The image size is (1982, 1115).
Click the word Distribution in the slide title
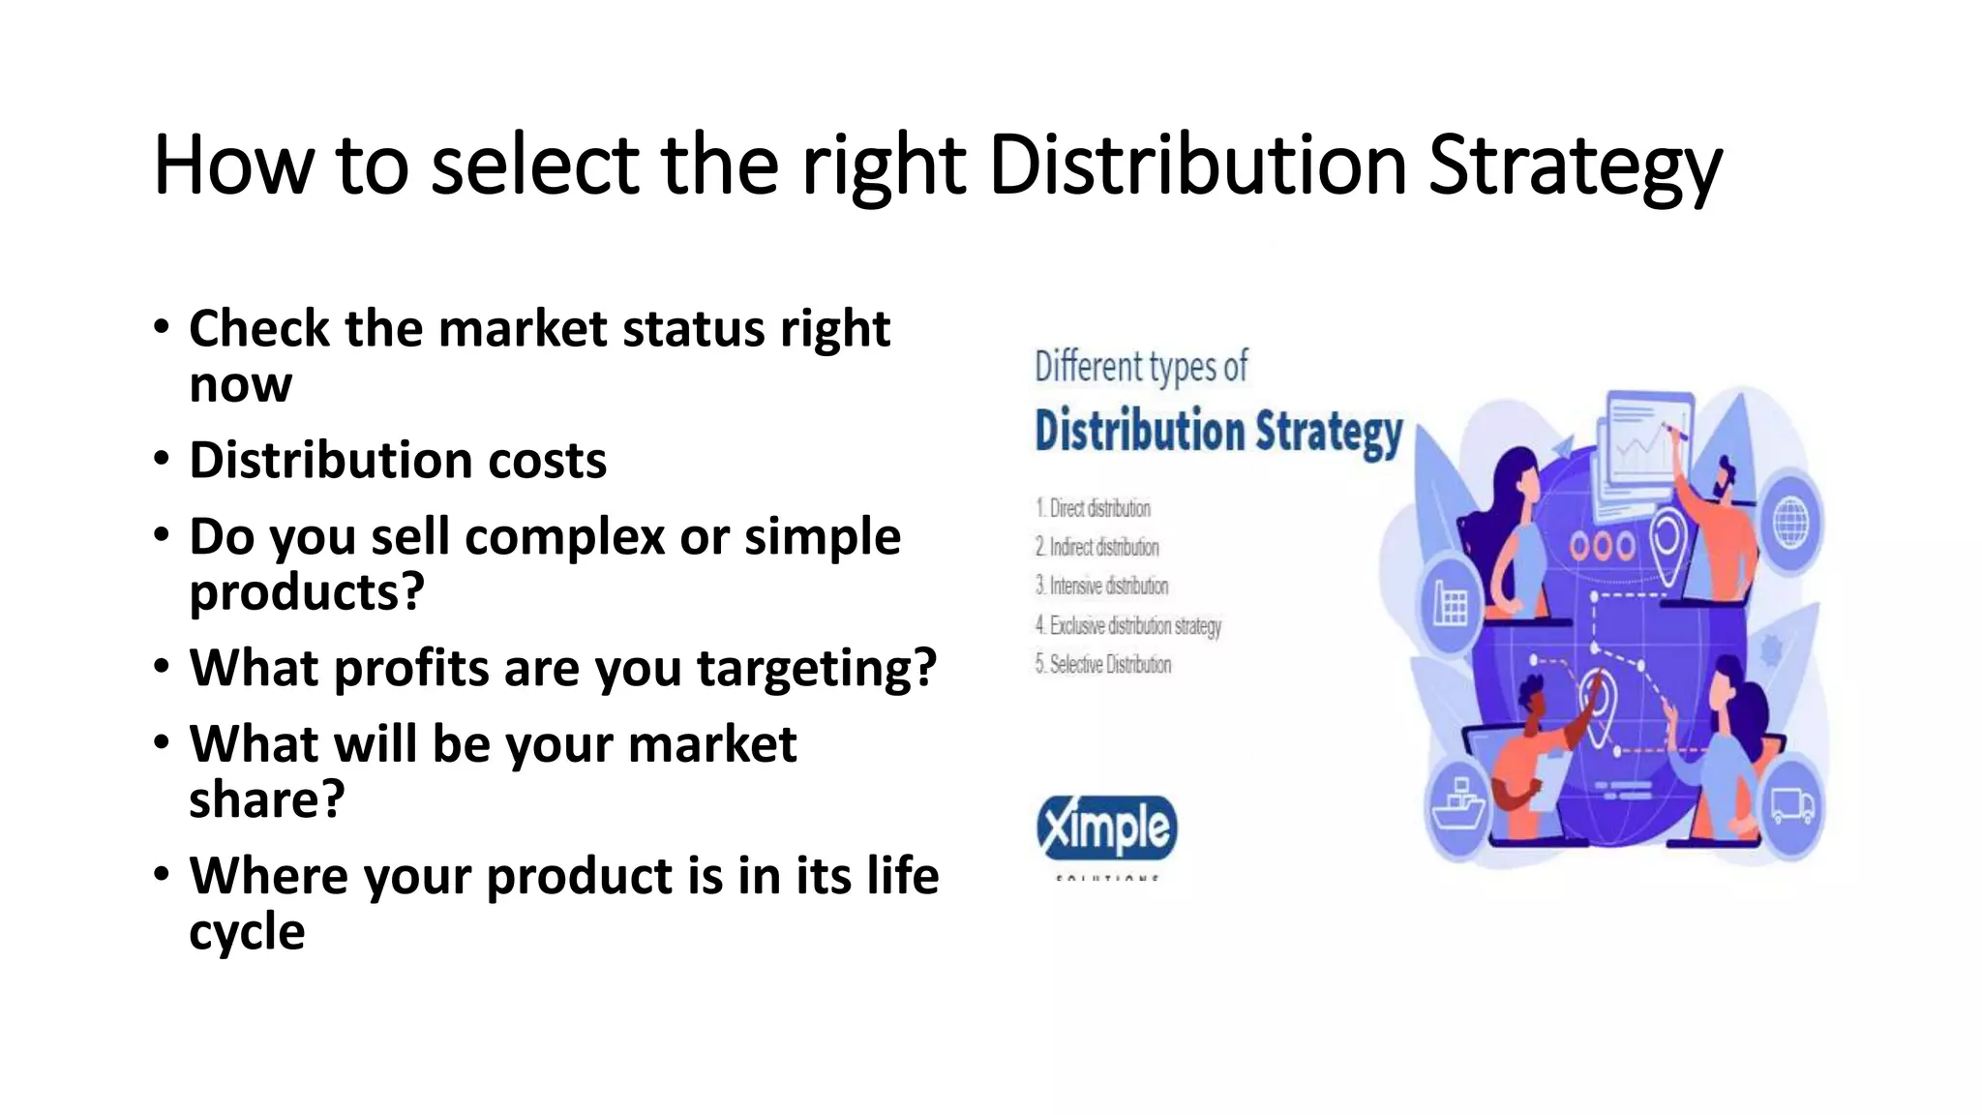(1198, 165)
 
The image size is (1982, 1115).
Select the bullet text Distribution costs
(398, 460)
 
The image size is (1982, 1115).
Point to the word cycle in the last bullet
(247, 931)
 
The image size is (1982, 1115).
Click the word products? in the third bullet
(307, 591)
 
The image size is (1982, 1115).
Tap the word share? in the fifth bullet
(266, 799)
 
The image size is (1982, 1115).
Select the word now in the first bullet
(240, 384)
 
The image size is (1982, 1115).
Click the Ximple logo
(1106, 829)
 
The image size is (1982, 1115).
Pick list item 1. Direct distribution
(1094, 508)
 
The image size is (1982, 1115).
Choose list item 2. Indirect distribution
(1097, 547)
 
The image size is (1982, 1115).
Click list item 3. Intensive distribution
(1102, 586)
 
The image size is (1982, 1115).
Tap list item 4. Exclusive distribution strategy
(1128, 625)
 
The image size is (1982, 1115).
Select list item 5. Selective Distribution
(1103, 664)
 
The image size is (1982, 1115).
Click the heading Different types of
(1141, 367)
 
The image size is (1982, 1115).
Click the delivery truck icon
(1791, 806)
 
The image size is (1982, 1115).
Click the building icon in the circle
(1450, 604)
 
